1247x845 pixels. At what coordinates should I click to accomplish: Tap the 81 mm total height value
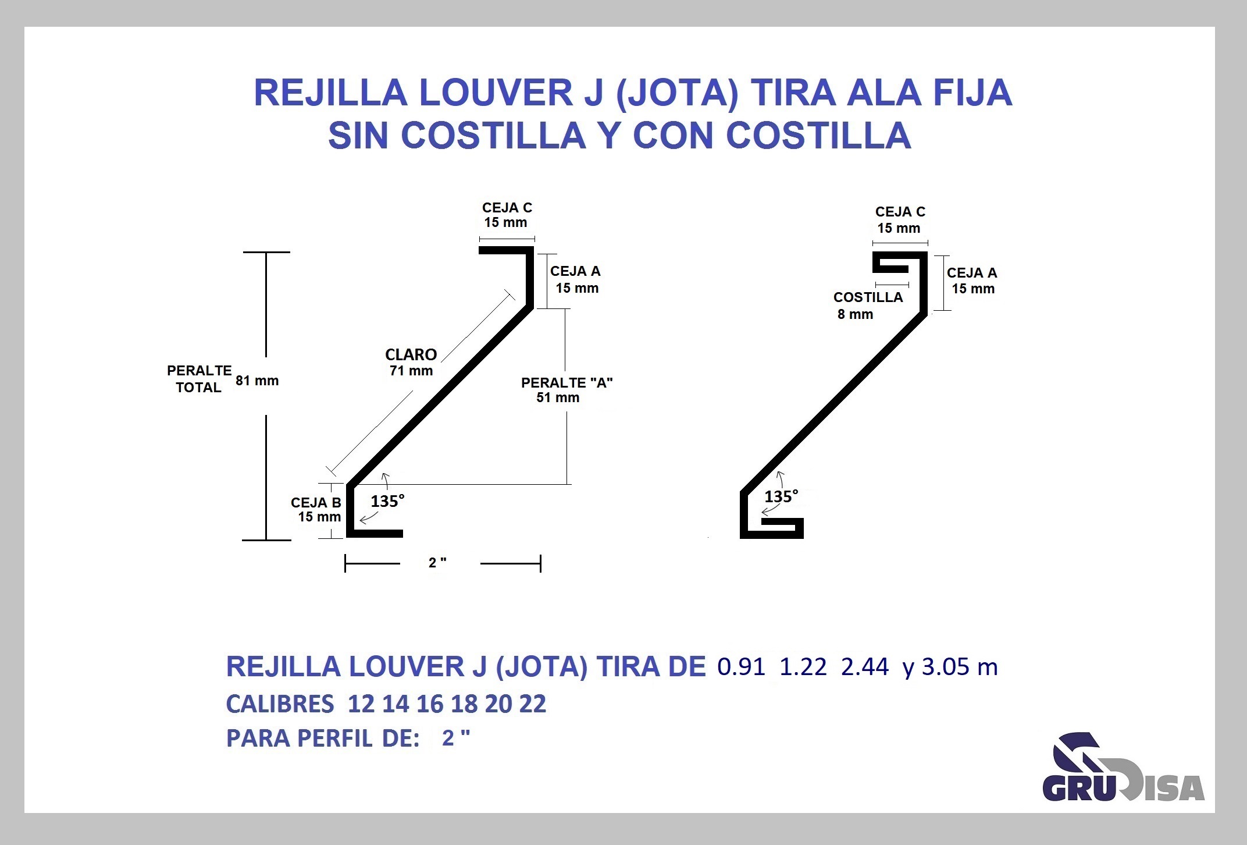pyautogui.click(x=257, y=381)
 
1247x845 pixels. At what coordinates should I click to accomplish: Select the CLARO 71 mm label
pyautogui.click(x=411, y=362)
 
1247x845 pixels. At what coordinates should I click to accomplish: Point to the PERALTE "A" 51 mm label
pyautogui.click(x=567, y=390)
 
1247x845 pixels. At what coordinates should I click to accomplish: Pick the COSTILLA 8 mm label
pyautogui.click(x=868, y=306)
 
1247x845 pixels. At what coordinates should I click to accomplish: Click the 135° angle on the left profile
pyautogui.click(x=387, y=501)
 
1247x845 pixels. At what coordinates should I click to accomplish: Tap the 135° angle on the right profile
pyautogui.click(x=781, y=496)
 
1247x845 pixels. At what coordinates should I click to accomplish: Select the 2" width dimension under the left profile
pyautogui.click(x=437, y=563)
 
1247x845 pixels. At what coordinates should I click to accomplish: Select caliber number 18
pyautogui.click(x=464, y=704)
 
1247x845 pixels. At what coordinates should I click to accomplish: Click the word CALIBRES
pyautogui.click(x=280, y=704)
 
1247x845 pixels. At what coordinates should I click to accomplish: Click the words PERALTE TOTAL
pyautogui.click(x=199, y=379)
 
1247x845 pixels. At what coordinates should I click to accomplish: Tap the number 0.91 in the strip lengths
pyautogui.click(x=741, y=666)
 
